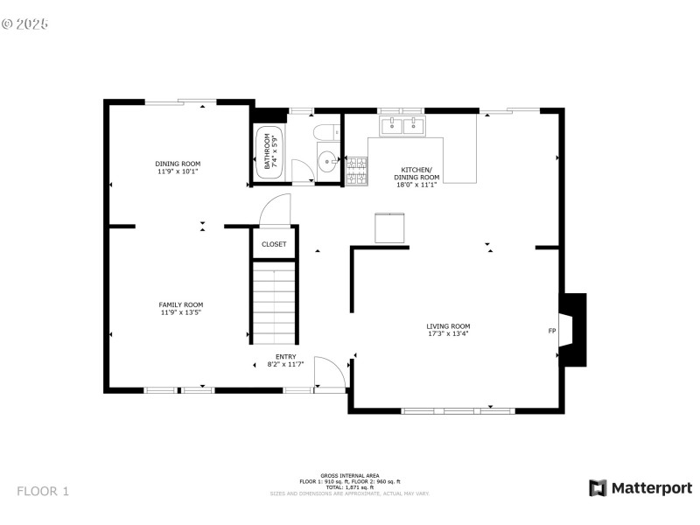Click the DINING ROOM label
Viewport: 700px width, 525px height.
pos(178,164)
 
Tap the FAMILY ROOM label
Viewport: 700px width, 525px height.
pos(181,304)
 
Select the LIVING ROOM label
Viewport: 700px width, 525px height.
pos(448,326)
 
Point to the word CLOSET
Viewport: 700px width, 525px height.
pos(274,244)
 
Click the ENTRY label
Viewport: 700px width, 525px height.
pos(286,356)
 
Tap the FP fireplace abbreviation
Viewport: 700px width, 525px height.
pos(551,331)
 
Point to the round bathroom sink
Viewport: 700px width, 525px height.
pos(326,161)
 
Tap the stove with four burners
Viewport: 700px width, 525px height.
pos(356,171)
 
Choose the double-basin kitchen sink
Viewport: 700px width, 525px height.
pos(401,126)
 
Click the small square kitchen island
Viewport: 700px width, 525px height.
pos(389,227)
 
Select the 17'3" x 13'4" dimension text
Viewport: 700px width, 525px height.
pos(448,333)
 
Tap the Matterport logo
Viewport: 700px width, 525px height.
pos(640,488)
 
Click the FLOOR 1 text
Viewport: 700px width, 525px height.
pos(42,491)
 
